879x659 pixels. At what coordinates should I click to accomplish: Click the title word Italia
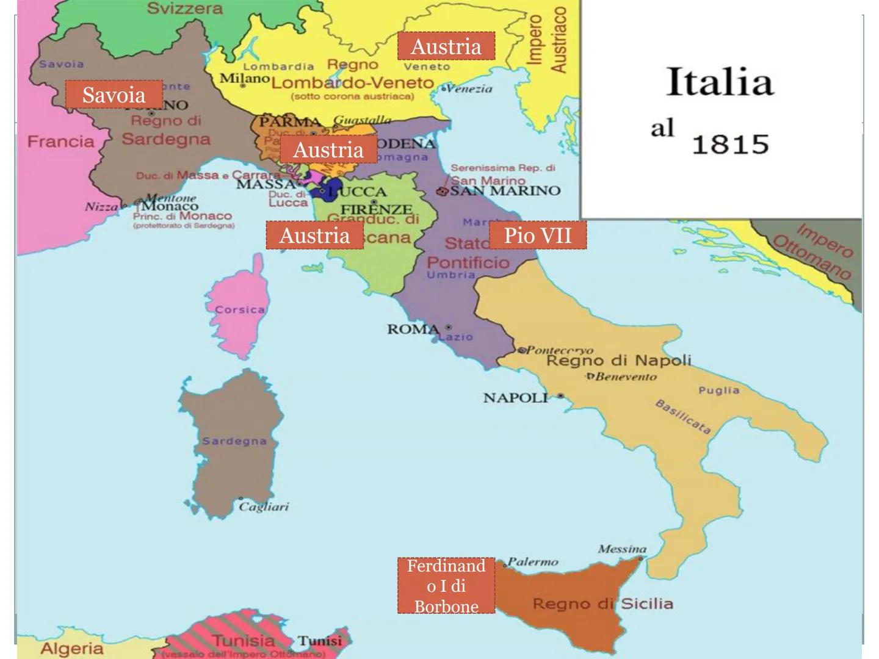point(720,82)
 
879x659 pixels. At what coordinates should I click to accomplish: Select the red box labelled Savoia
point(114,95)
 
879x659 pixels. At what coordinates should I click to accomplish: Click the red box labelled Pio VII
point(538,235)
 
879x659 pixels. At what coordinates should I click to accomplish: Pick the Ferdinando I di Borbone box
point(446,585)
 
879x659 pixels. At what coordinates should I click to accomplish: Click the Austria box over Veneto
point(446,46)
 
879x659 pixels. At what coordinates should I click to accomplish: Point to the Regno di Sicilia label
point(603,603)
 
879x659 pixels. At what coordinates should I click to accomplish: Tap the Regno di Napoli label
point(618,360)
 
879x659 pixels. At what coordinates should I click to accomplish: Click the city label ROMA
point(413,329)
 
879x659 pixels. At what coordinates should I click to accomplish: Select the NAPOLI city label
point(516,398)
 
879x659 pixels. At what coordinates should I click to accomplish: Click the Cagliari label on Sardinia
point(264,506)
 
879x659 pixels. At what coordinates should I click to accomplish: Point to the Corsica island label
point(240,309)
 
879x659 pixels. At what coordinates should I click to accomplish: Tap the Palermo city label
point(533,562)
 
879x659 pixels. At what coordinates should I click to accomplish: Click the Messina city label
point(622,549)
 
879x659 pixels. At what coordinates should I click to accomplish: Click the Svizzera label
point(185,9)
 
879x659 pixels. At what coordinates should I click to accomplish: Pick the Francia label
point(61,142)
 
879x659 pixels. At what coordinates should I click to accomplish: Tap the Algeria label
point(72,648)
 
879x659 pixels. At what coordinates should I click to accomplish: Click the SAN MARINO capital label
point(505,190)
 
